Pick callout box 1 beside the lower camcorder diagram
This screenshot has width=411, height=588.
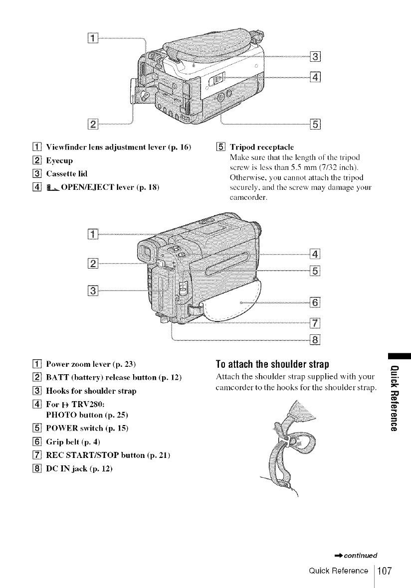click(x=95, y=234)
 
